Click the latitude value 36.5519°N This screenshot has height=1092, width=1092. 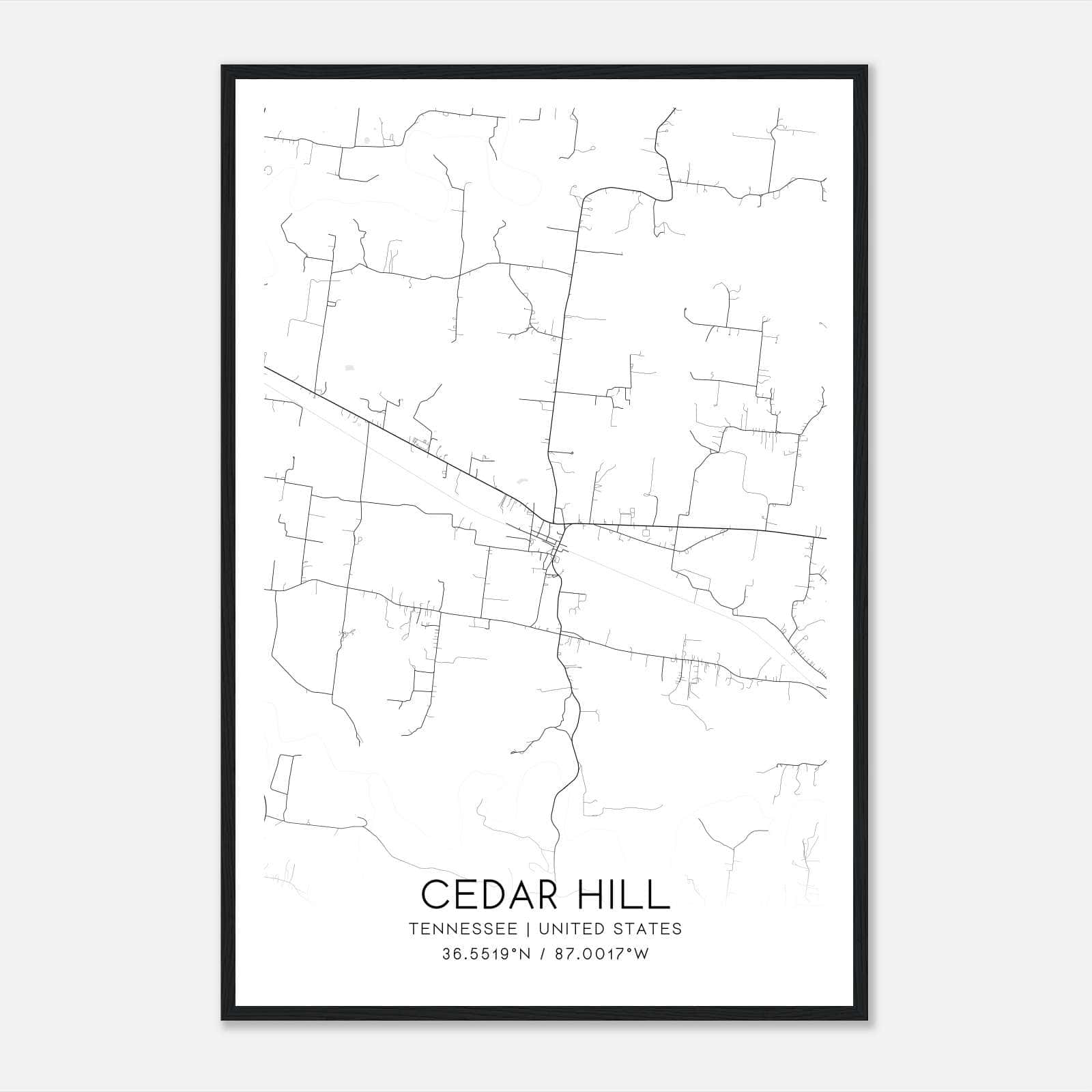tap(486, 954)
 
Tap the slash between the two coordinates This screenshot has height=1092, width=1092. tap(543, 954)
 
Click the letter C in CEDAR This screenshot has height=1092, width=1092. tap(436, 895)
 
